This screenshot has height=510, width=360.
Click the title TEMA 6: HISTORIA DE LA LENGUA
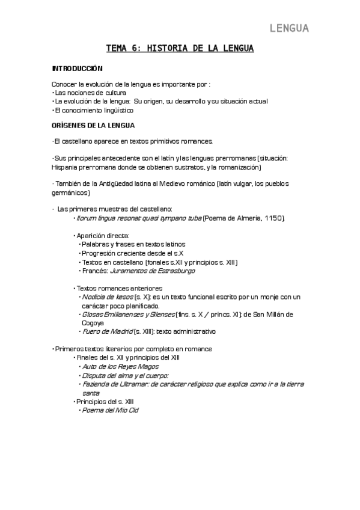point(180,48)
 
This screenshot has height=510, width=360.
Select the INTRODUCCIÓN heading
point(78,69)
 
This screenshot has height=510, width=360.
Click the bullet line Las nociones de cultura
point(90,93)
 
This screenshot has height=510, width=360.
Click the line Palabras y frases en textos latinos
point(133,244)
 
